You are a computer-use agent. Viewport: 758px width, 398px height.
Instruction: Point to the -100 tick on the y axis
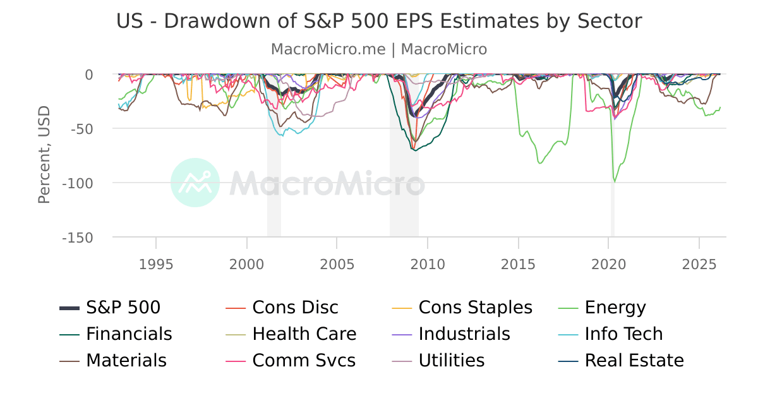click(x=77, y=183)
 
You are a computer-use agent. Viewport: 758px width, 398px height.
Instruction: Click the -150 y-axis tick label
click(x=77, y=238)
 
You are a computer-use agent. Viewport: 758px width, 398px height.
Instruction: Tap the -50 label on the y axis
click(x=80, y=129)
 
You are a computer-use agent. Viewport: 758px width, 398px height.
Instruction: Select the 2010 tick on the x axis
click(x=428, y=263)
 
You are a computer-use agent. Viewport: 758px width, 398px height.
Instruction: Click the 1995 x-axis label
click(x=156, y=263)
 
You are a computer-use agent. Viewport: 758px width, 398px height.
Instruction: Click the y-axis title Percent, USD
click(x=44, y=155)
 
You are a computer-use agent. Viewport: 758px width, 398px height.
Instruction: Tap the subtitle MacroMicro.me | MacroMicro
click(x=379, y=49)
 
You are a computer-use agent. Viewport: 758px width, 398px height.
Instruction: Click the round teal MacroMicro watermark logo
click(x=195, y=183)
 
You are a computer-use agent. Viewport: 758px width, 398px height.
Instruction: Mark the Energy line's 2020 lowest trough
click(x=615, y=181)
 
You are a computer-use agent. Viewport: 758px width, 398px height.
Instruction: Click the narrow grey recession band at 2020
click(x=612, y=208)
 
